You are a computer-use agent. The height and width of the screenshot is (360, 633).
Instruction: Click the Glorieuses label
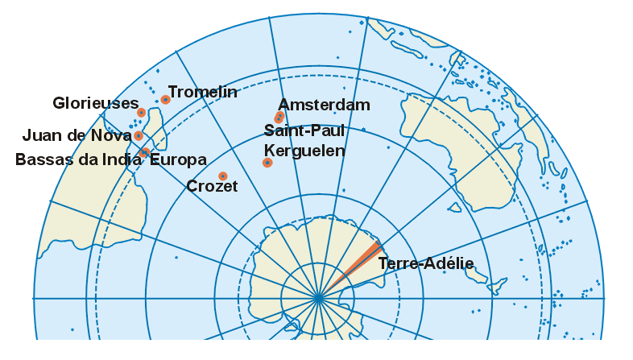point(96,103)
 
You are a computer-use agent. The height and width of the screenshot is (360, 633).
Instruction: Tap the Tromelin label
point(203,92)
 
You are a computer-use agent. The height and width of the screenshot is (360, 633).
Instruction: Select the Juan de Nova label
point(77,135)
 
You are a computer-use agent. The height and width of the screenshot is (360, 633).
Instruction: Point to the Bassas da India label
point(79,159)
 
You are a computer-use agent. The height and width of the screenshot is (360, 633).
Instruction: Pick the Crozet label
point(212,187)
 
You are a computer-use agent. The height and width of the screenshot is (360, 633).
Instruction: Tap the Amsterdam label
point(324,105)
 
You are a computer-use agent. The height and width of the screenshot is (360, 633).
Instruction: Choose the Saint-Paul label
point(304,130)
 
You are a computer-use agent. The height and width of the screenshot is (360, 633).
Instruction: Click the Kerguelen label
point(304,151)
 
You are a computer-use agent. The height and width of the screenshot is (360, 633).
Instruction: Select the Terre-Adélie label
point(425,263)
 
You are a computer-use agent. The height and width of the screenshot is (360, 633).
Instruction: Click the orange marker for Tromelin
point(165,100)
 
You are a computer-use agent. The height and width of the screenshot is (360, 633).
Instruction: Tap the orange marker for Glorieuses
point(142,113)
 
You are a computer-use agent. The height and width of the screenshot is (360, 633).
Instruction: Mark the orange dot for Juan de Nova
point(139,136)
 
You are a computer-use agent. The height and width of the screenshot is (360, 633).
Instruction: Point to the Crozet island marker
point(223,176)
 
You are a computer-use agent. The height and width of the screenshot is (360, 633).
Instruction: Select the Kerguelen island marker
point(267,163)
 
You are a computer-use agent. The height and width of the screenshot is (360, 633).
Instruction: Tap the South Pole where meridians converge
point(318,299)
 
